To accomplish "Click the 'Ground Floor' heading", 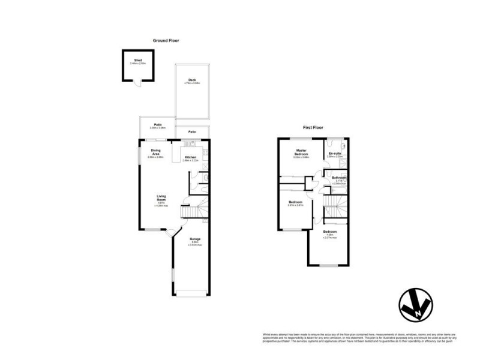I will tap(166, 41).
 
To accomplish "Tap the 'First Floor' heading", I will tap(314, 128).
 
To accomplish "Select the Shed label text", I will tap(138, 61).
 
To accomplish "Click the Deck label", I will tap(192, 80).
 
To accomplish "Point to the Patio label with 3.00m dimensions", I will tap(157, 125).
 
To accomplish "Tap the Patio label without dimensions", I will tap(192, 131).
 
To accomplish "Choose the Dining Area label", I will tap(155, 152).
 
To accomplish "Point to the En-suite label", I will tap(335, 154).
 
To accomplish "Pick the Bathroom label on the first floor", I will tap(340, 178).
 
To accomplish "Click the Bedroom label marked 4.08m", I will tap(329, 232).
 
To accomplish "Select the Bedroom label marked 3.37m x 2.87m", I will tap(295, 202).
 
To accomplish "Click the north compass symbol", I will tap(416, 307).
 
